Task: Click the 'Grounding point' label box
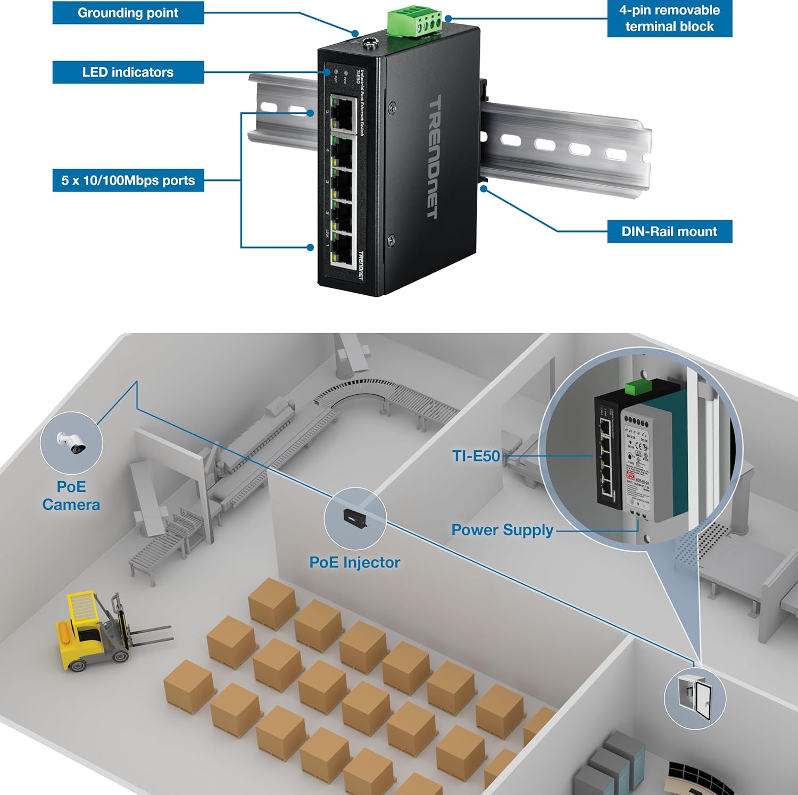(128, 13)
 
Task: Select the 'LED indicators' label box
(128, 72)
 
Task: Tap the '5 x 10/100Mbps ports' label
(128, 180)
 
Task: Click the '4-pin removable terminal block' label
(669, 19)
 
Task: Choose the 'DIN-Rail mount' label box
(669, 231)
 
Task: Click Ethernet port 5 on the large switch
(343, 113)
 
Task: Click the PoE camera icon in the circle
(71, 442)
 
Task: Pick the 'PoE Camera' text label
(71, 495)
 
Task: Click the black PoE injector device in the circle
(354, 519)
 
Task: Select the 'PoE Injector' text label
(354, 562)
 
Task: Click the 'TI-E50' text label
(476, 456)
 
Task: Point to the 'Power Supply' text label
(502, 530)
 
